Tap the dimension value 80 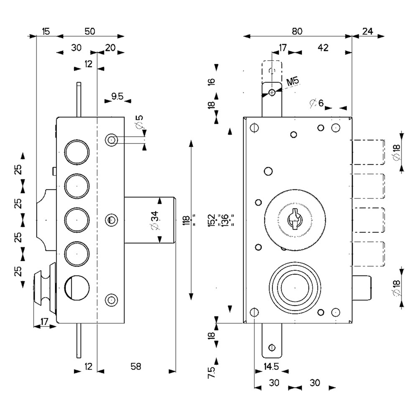[297, 31]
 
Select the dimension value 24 [367, 31]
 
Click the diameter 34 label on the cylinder [155, 220]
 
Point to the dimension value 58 [136, 366]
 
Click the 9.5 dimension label [117, 96]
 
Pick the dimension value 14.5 [271, 366]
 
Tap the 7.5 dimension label [211, 372]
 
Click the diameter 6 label [317, 103]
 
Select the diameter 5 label [139, 121]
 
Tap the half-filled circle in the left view [77, 288]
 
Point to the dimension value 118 [186, 220]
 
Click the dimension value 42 [323, 48]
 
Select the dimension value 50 [90, 31]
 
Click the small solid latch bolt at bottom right [362, 288]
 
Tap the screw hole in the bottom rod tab [272, 348]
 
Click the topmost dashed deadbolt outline [368, 152]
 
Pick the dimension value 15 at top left [46, 31]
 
